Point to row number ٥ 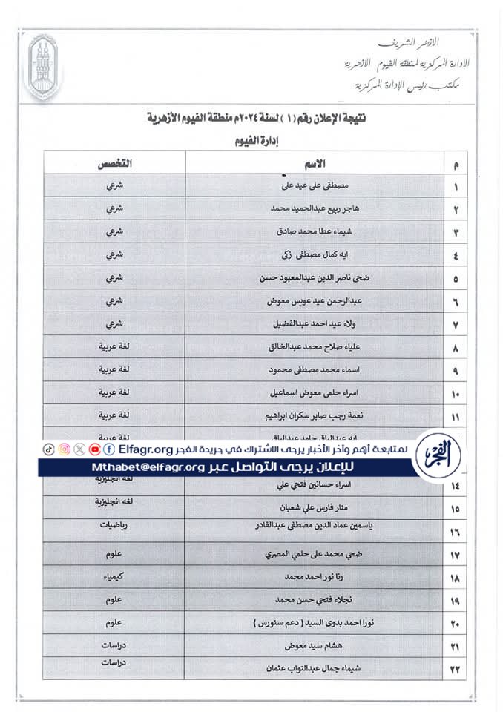click(x=456, y=280)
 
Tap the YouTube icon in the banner click(x=95, y=449)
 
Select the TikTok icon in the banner click(x=48, y=449)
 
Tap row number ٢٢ click(x=455, y=670)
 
